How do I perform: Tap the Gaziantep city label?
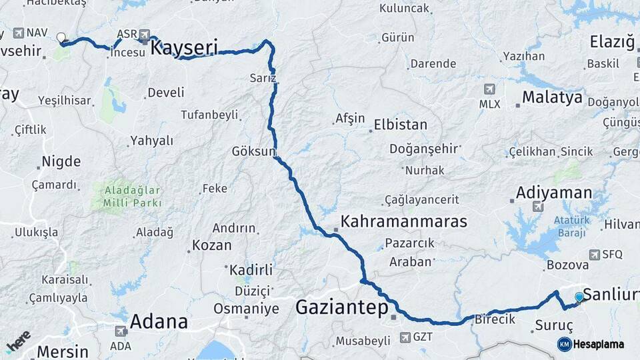(341, 307)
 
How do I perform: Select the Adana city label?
(158, 321)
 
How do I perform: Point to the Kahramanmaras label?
(403, 221)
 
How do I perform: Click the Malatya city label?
(552, 97)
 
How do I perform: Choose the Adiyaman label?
(553, 193)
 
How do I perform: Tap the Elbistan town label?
(400, 125)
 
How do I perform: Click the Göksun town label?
(253, 151)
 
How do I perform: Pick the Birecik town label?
(495, 319)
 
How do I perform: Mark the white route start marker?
(61, 38)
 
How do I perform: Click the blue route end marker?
(579, 297)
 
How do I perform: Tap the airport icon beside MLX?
(489, 89)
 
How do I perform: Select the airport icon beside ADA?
(121, 331)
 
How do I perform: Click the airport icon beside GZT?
(404, 337)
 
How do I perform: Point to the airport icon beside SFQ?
(595, 254)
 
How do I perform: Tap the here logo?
(18, 341)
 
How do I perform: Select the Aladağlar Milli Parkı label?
(133, 196)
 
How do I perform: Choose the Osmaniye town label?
(246, 309)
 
